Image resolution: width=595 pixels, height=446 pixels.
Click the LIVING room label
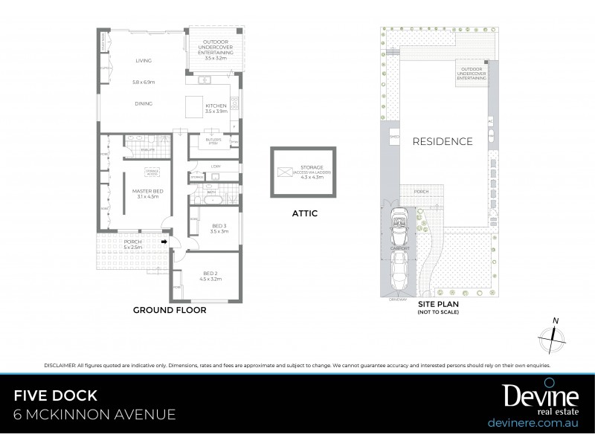[x=144, y=61]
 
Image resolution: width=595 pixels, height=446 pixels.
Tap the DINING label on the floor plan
[x=144, y=103]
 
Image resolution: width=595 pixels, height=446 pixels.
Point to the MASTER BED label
[x=147, y=194]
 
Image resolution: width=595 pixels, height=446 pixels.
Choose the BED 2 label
[x=213, y=277]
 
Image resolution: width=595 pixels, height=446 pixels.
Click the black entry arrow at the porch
[x=163, y=241]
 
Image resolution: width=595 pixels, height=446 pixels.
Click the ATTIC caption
[x=304, y=213]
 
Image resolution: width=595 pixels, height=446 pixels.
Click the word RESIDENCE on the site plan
[x=443, y=141]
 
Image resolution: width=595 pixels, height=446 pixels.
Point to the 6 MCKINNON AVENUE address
[x=95, y=415]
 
